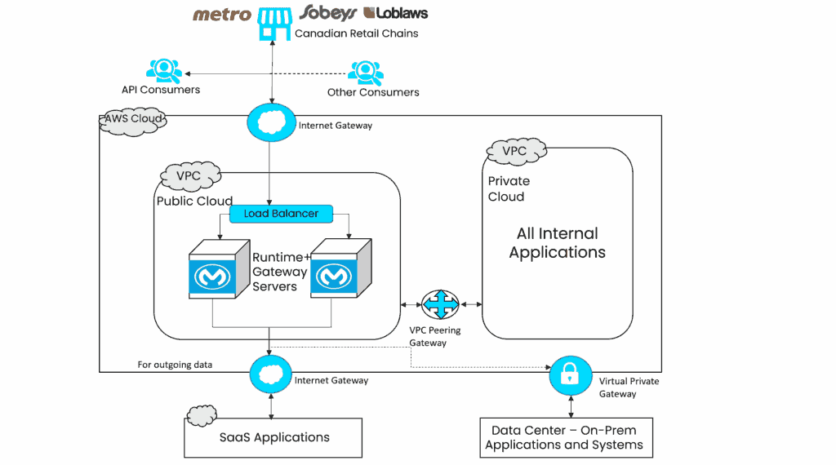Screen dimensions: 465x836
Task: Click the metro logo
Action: [x=221, y=14]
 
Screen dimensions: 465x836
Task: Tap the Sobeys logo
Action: [x=327, y=12]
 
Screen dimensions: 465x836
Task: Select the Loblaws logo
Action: [x=396, y=12]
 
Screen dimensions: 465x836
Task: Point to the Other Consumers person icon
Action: [x=365, y=73]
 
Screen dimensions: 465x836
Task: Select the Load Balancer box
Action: [x=281, y=214]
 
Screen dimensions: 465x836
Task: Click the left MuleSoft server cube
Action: [x=215, y=272]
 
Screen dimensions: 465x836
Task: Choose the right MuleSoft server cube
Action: [x=338, y=272]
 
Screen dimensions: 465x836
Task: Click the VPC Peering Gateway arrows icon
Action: [x=440, y=305]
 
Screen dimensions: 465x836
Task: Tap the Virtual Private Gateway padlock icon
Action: [x=571, y=374]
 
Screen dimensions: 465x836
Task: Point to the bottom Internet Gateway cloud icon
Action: [x=270, y=374]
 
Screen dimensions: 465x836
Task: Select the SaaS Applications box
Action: [x=273, y=437]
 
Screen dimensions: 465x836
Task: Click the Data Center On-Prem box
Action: [x=564, y=437]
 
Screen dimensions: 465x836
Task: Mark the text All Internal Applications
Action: [x=557, y=243]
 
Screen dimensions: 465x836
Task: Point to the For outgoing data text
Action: [x=175, y=365]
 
